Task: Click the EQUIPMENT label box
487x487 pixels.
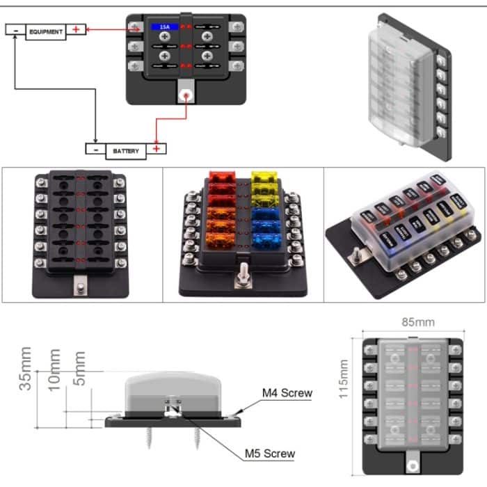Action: (46, 31)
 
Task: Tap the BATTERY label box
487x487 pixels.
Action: (125, 150)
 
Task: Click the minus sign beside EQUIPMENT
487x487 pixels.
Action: (15, 31)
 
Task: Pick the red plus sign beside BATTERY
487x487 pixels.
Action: (157, 149)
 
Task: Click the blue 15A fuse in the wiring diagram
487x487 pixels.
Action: (165, 27)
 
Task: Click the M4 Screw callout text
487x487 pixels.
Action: (287, 393)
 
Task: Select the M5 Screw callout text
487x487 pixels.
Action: (269, 454)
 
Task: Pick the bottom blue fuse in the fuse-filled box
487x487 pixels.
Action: (266, 241)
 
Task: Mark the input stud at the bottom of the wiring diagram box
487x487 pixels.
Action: (186, 97)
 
